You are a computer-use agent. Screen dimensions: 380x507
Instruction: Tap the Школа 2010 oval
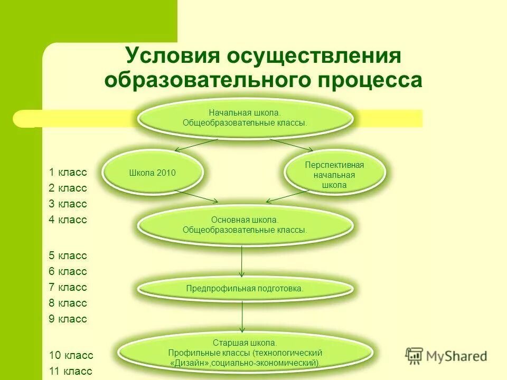tap(152, 173)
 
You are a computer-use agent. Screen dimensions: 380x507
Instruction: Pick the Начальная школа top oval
tap(245, 118)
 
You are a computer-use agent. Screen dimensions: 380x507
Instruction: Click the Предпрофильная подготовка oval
tap(245, 289)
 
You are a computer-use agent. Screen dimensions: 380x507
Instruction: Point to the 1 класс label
tap(68, 172)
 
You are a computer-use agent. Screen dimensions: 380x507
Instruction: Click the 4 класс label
tap(68, 220)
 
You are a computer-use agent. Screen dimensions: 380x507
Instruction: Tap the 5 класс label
tap(68, 256)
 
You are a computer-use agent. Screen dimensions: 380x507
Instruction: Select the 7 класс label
tap(68, 288)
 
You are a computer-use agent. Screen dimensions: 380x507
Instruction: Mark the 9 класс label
tap(68, 319)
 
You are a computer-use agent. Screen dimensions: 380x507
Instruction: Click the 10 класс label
tap(71, 355)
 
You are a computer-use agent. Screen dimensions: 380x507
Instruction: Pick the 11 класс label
tap(71, 371)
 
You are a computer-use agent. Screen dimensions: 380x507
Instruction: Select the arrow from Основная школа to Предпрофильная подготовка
tap(242, 261)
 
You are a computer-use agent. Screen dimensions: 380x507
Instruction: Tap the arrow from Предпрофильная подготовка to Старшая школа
tap(242, 317)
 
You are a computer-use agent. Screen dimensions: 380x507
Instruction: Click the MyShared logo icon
tap(414, 356)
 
